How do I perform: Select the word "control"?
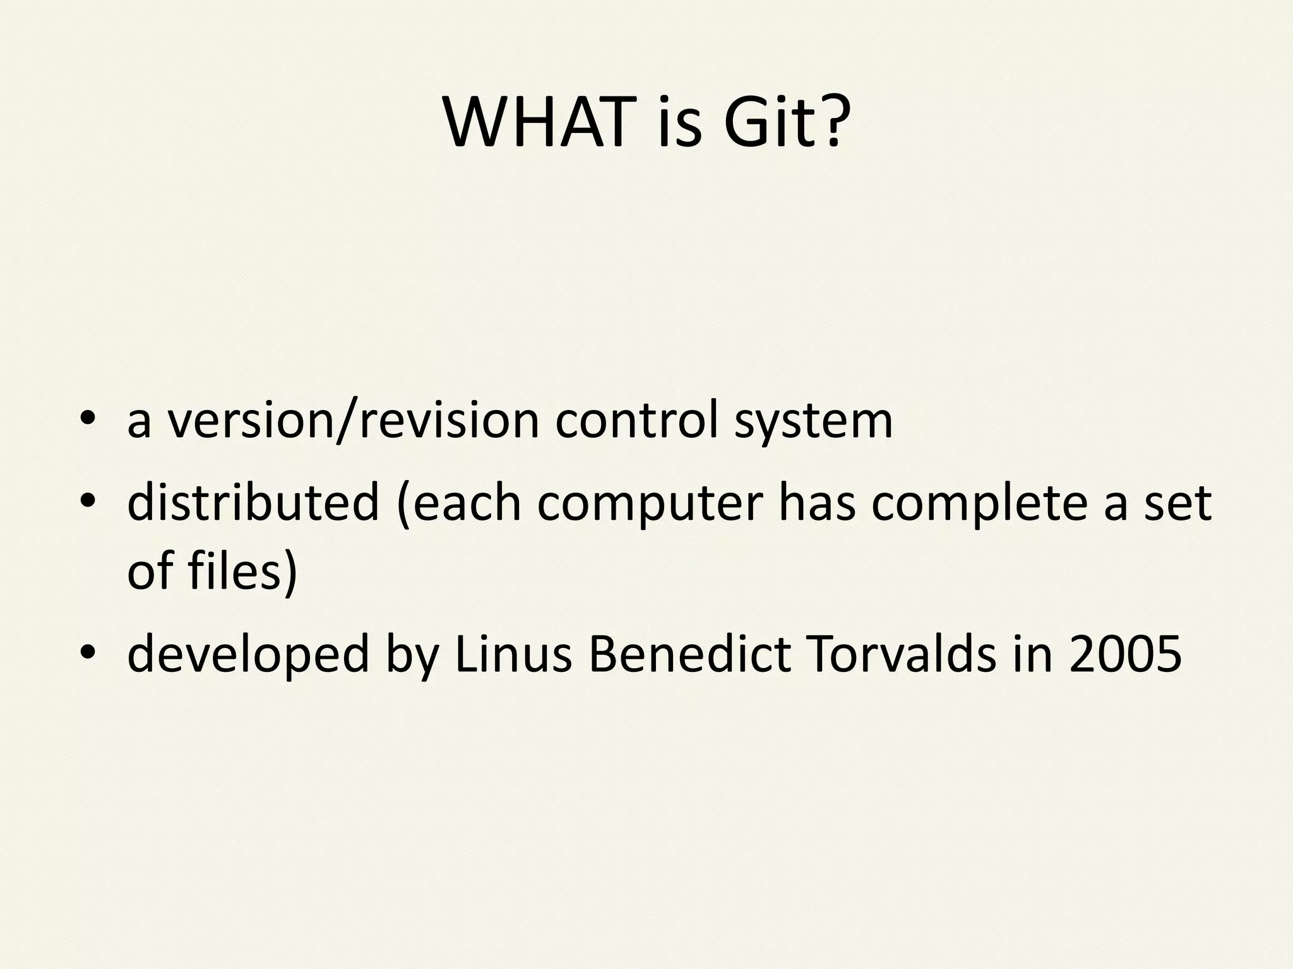637,421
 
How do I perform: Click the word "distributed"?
253,503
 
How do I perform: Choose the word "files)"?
242,571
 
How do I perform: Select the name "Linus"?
513,654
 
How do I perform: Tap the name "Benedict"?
689,654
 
